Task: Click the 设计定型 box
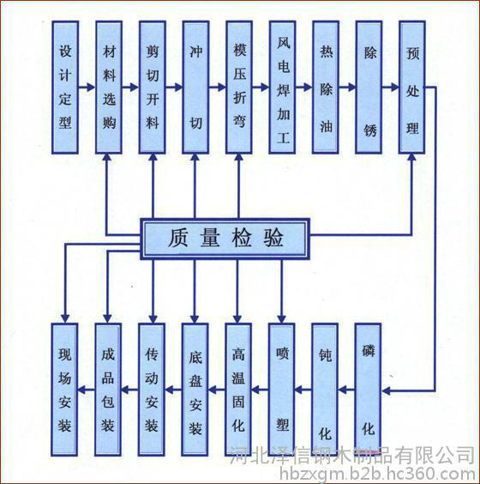click(x=65, y=88)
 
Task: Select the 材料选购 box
click(x=109, y=88)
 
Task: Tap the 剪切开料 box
click(x=153, y=88)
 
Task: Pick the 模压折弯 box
click(x=239, y=88)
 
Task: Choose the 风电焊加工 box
click(x=282, y=88)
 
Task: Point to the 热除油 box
click(x=326, y=88)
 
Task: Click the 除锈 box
click(x=369, y=88)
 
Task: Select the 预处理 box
click(x=412, y=88)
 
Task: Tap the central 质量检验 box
click(x=225, y=239)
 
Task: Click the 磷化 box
click(x=368, y=390)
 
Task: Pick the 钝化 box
click(x=325, y=390)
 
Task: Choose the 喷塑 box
click(x=281, y=390)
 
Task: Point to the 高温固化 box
click(x=238, y=390)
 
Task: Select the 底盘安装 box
click(x=195, y=390)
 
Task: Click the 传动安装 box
click(x=152, y=390)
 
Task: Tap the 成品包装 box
click(x=108, y=390)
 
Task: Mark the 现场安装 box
click(x=64, y=390)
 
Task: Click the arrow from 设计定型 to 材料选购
click(x=87, y=88)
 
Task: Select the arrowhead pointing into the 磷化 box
click(x=387, y=391)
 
